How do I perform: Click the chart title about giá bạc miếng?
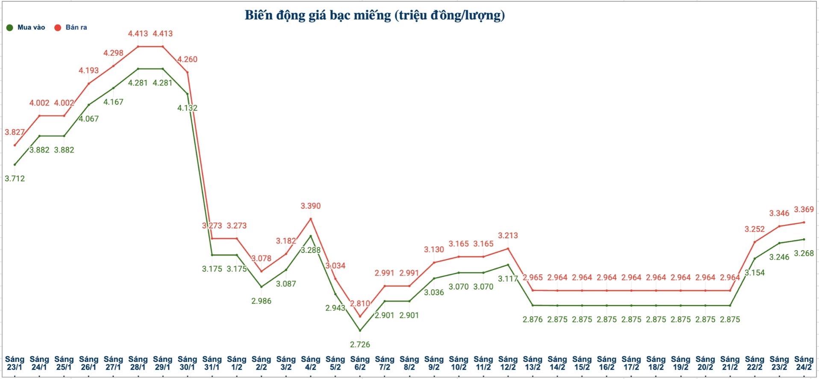click(374, 15)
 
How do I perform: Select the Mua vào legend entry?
click(26, 27)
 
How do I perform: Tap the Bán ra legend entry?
click(71, 27)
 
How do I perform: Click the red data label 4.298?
click(113, 53)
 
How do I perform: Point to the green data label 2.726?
click(360, 344)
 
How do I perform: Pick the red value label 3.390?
click(311, 206)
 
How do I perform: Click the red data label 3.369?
click(804, 209)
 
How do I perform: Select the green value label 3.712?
click(15, 178)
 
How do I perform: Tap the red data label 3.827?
click(15, 132)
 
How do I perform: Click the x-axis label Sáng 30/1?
click(187, 363)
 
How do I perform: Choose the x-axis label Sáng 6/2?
click(360, 363)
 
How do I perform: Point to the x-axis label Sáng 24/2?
click(804, 363)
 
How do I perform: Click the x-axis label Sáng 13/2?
click(533, 363)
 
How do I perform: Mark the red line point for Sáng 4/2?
click(311, 219)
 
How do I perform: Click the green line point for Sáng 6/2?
click(360, 330)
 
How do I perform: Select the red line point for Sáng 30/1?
click(187, 72)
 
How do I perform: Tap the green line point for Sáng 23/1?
click(15, 164)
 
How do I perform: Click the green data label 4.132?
click(187, 108)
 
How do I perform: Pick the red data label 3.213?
click(508, 235)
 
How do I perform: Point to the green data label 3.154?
click(754, 272)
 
